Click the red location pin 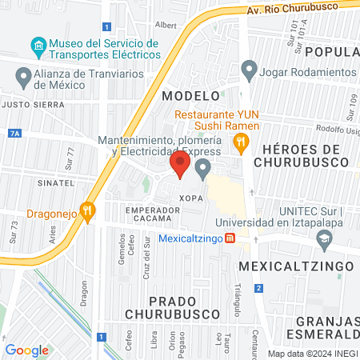(180, 165)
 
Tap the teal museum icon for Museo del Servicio (38, 45)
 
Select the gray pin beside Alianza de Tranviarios (22, 78)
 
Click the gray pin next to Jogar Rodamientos (250, 70)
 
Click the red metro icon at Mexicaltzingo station (230, 238)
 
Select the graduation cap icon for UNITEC (324, 238)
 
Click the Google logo (26, 349)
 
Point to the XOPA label (190, 196)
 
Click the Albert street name (166, 25)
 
